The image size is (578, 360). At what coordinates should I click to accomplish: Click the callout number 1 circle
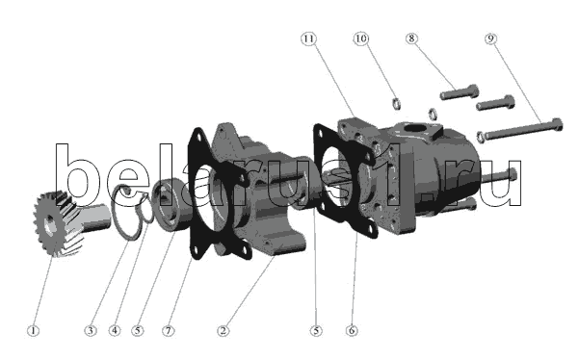(x=33, y=330)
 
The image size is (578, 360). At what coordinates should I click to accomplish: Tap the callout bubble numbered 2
(x=223, y=330)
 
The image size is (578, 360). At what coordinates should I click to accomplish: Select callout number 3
(x=91, y=330)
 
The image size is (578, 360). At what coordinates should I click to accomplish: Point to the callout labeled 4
(x=115, y=330)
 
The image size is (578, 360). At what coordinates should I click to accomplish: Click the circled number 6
(x=352, y=330)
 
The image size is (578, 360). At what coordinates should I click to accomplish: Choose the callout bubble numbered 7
(x=168, y=330)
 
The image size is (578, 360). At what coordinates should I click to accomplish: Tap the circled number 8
(x=411, y=39)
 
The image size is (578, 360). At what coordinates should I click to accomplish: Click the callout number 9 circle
(x=490, y=39)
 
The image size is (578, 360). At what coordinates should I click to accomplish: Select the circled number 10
(x=361, y=39)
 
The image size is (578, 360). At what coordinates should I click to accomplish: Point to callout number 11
(x=308, y=39)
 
